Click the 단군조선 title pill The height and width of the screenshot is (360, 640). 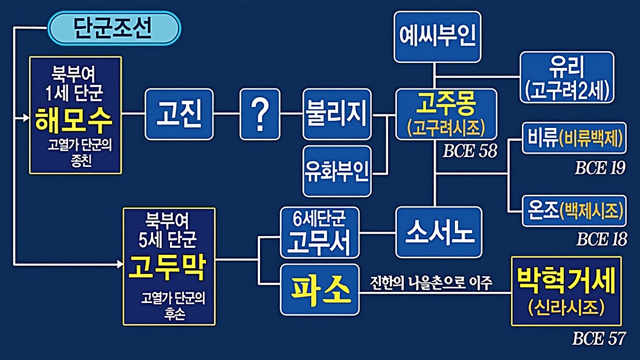tap(113, 27)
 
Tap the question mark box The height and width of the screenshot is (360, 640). tap(259, 114)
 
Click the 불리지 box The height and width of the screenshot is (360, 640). tap(337, 114)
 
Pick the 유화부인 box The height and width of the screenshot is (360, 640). tap(337, 172)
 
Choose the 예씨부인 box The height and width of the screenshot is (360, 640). tap(438, 37)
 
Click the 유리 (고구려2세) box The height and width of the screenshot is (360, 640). tap(567, 77)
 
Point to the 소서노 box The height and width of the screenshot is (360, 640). tap(439, 232)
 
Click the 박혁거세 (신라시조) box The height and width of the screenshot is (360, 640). tap(566, 291)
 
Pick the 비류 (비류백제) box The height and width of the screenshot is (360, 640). tap(574, 137)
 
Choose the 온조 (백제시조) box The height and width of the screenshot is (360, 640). tap(574, 211)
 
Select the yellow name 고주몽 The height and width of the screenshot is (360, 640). tap(446, 106)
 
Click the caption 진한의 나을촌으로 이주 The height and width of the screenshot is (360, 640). tap(431, 283)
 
